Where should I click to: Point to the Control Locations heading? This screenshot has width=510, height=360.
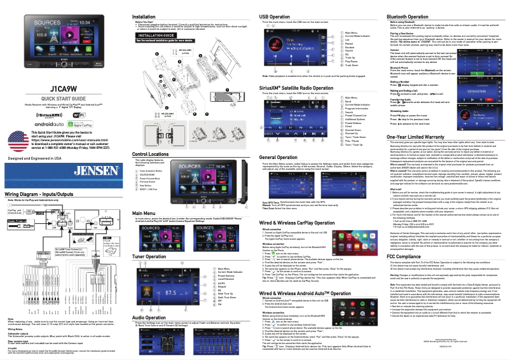[x=155, y=172]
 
